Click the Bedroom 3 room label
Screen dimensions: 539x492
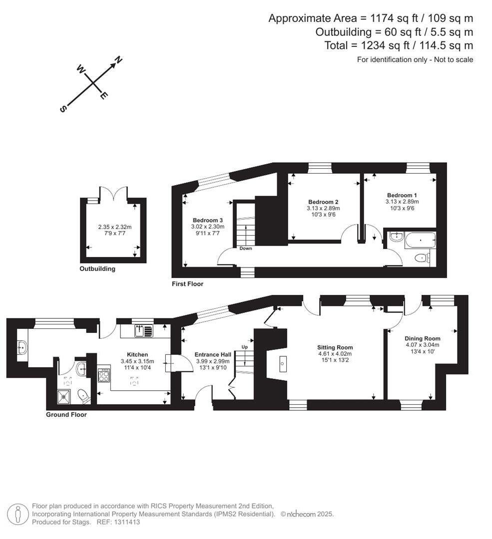pos(207,220)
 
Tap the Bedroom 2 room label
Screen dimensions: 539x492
pos(323,202)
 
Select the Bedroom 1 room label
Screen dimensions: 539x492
pos(402,195)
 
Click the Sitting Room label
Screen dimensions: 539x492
pos(335,347)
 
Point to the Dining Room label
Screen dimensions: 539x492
pos(423,338)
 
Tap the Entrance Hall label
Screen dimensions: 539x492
pos(212,354)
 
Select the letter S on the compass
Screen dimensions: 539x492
pos(63,109)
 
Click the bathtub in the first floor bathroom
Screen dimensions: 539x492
pos(420,241)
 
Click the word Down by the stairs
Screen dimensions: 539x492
pos(245,248)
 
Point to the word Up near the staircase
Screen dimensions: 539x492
pos(245,346)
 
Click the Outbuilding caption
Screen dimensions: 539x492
pos(97,269)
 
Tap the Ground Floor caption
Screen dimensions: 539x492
pos(66,414)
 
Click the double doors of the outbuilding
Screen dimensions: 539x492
pos(113,194)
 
